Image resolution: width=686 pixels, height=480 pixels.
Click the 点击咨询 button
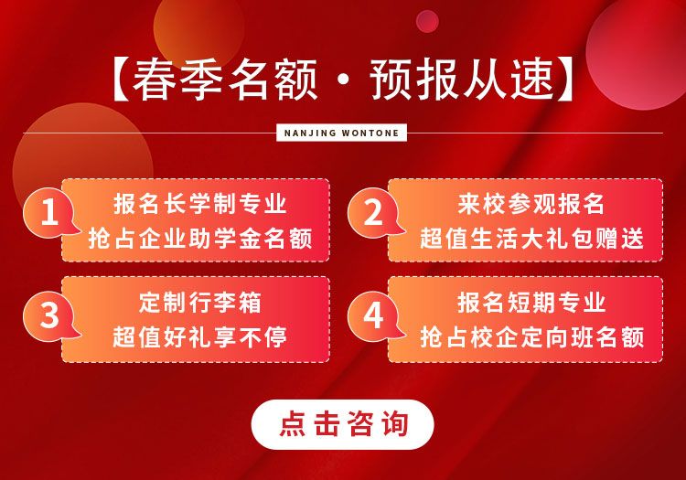(342, 424)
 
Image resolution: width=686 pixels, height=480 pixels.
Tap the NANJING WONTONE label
(342, 133)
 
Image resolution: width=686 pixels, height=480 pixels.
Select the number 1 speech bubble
(50, 213)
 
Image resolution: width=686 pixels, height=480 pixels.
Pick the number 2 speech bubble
(375, 213)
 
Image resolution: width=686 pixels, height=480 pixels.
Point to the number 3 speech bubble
(50, 315)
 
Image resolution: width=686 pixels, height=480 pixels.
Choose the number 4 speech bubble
(375, 315)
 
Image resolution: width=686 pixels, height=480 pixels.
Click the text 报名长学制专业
(200, 204)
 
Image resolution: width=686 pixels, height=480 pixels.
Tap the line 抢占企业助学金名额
(200, 239)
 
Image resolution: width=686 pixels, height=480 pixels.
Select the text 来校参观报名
(531, 204)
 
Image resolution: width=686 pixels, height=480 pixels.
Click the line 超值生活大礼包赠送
(531, 239)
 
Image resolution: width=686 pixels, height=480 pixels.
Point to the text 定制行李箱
(200, 303)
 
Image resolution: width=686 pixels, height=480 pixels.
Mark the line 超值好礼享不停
(200, 337)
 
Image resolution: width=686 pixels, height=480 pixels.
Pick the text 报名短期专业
(531, 303)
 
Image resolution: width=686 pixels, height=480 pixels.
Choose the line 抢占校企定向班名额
(531, 337)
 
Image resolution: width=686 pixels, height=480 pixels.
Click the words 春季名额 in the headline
(225, 80)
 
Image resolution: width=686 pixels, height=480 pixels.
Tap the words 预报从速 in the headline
(462, 80)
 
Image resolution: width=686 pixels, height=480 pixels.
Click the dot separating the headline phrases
(343, 80)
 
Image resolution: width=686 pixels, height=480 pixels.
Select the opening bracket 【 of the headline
(121, 80)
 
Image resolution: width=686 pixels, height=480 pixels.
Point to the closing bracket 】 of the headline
(565, 80)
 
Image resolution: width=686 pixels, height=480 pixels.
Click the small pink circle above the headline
(427, 21)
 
